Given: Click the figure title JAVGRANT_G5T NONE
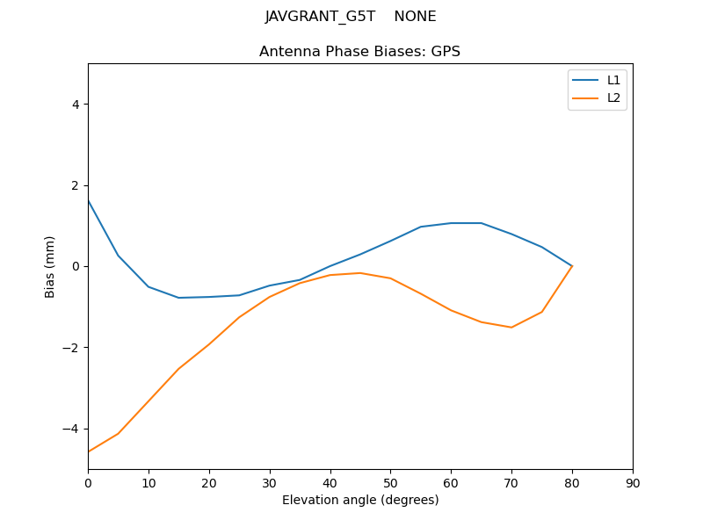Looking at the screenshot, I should (x=351, y=17).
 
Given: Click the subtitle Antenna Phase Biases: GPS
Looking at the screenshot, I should (x=359, y=52).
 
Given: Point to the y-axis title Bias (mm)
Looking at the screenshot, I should (x=51, y=266).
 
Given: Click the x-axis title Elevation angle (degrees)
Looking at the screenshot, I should (x=360, y=500).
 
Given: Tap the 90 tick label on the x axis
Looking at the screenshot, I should (x=633, y=482).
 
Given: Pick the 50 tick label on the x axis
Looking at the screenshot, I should (x=390, y=482).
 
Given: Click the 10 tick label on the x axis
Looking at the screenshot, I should (x=149, y=482).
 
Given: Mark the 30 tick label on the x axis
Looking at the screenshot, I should (x=270, y=482).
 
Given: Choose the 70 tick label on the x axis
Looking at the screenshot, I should (x=511, y=482).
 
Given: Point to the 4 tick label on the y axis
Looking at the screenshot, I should (x=76, y=105).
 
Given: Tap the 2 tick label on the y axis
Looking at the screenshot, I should (x=76, y=185).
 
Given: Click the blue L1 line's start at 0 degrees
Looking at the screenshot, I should (x=88, y=200).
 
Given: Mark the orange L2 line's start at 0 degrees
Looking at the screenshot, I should (x=88, y=451).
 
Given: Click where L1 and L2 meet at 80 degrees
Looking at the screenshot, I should (x=572, y=266).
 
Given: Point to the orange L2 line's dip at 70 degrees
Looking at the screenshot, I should (x=511, y=328).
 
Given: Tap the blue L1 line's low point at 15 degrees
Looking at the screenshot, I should (x=178, y=298).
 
